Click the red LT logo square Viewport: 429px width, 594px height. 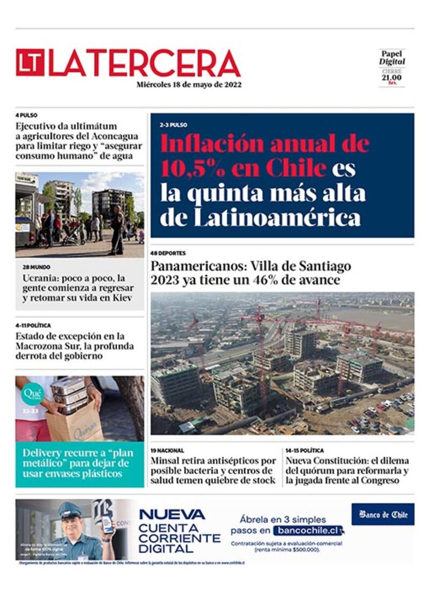click(x=30, y=63)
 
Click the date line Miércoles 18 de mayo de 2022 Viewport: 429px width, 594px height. click(x=189, y=85)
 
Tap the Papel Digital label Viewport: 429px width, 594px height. click(x=392, y=57)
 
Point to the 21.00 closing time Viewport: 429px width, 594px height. click(x=391, y=77)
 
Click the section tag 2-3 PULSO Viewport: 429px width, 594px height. click(x=173, y=125)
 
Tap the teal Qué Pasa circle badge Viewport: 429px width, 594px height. click(x=32, y=394)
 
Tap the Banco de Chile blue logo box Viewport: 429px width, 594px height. click(x=383, y=514)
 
